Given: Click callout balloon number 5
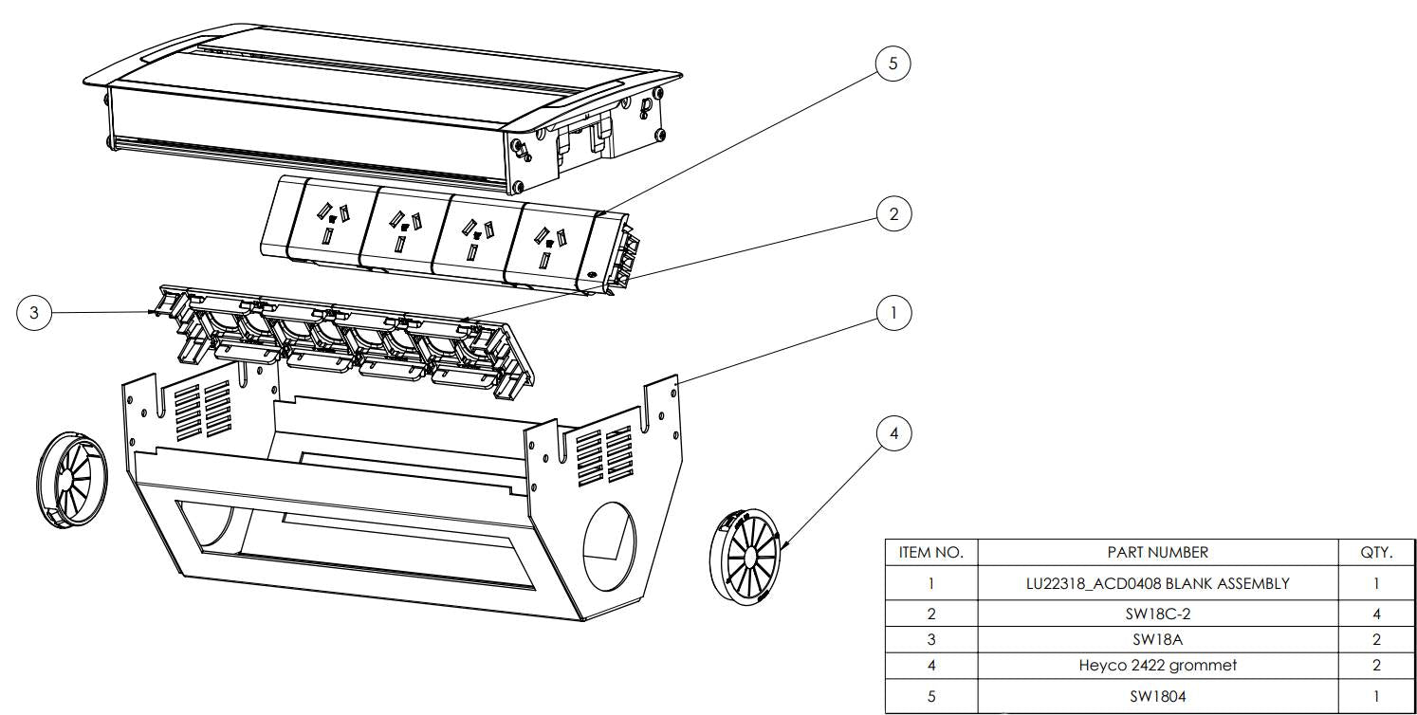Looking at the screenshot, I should (x=892, y=64).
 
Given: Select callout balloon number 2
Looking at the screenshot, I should (x=893, y=214).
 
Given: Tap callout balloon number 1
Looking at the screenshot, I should (x=893, y=312).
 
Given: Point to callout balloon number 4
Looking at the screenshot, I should (x=893, y=434).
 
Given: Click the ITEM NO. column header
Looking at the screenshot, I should (x=930, y=552).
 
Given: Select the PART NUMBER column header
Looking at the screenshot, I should (x=1157, y=552).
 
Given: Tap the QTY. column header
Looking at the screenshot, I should (x=1376, y=552).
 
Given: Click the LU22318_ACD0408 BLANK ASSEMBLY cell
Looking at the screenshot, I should (x=1157, y=583).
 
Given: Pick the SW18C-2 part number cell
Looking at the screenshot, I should (x=1157, y=614).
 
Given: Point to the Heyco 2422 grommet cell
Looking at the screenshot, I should (x=1157, y=666).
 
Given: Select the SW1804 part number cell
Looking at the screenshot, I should (x=1157, y=696).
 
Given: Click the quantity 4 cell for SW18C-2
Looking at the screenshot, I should (x=1376, y=614).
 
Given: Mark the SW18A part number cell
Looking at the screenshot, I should (x=1157, y=639).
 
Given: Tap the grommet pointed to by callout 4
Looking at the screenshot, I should (x=745, y=557).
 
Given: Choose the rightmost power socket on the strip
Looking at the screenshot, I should (x=547, y=243).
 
